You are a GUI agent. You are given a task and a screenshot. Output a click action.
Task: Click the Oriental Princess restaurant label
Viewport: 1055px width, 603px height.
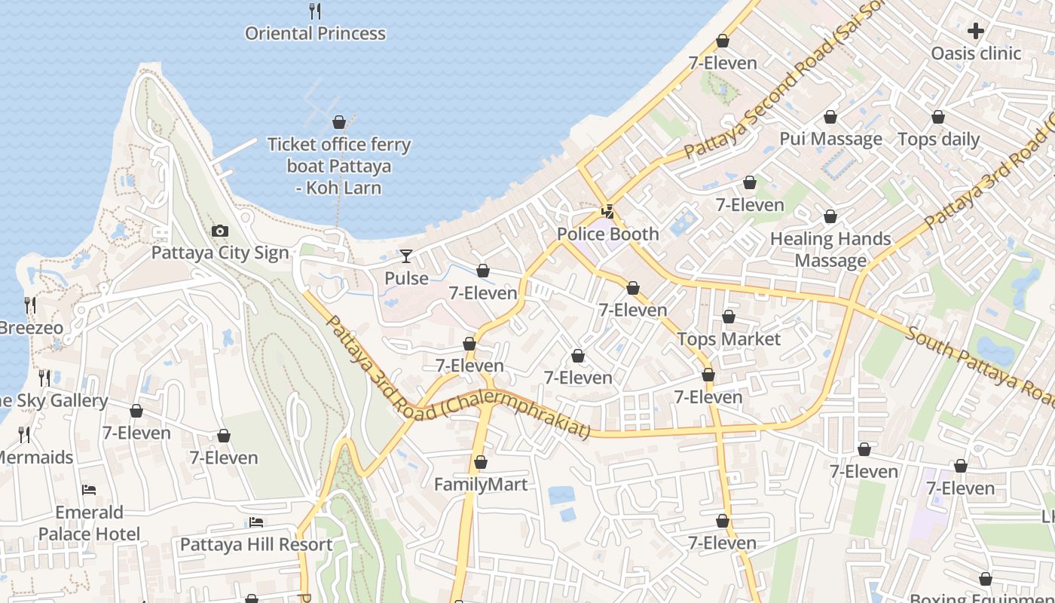(315, 33)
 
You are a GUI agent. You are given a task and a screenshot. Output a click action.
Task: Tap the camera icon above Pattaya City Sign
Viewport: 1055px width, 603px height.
(220, 231)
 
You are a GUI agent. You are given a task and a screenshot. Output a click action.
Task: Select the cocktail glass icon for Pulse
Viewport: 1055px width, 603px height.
(406, 256)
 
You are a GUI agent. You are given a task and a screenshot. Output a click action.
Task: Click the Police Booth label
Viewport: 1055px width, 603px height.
(607, 234)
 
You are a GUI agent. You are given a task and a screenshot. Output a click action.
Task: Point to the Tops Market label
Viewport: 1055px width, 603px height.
(729, 338)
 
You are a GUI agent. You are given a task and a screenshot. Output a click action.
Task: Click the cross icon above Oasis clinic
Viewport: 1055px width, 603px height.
(976, 31)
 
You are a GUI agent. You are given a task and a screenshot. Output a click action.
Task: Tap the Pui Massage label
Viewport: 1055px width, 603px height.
(830, 139)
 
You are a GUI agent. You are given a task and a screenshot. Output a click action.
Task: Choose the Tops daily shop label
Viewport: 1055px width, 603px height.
(938, 139)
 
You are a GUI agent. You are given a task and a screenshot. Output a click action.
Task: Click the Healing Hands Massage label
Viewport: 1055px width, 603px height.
(830, 249)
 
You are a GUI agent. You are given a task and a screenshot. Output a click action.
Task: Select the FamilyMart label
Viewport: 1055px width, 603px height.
(481, 484)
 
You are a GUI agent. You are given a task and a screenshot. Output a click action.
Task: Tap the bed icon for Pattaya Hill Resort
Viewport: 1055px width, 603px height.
(256, 522)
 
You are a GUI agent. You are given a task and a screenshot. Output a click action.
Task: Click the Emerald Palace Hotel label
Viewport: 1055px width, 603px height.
(89, 524)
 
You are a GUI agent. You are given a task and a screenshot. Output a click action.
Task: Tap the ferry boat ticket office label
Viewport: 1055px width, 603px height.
(339, 166)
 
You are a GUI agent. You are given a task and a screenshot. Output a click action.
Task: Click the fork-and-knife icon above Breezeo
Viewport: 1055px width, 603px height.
(29, 305)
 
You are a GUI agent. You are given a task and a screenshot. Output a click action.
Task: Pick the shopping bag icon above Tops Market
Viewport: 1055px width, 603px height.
(729, 317)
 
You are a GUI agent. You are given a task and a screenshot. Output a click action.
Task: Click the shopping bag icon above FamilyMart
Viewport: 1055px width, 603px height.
(481, 462)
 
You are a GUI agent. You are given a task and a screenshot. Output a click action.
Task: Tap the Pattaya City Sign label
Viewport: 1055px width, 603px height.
(220, 253)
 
